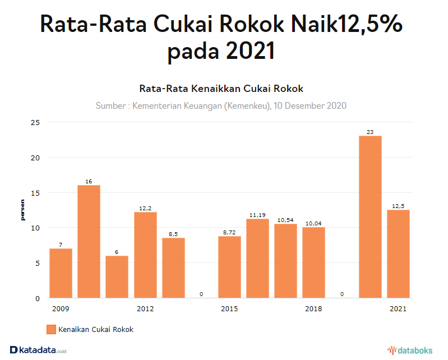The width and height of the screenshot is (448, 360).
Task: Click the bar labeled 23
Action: (370, 216)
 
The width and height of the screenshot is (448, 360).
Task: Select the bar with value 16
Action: (89, 241)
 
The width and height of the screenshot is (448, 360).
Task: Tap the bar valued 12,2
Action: (145, 255)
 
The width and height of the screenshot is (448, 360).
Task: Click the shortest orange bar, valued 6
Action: (117, 276)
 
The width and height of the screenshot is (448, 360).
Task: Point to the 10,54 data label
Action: (285, 220)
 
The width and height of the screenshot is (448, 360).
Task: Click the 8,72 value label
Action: (229, 232)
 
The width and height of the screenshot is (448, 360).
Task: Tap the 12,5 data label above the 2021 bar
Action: (398, 206)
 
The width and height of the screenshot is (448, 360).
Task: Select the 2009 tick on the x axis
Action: (60, 309)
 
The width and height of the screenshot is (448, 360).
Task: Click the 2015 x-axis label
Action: (229, 309)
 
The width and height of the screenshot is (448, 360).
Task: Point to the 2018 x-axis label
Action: (313, 309)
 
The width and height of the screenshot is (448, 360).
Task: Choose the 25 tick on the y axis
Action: (35, 122)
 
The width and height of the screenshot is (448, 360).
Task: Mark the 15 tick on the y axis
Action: (35, 193)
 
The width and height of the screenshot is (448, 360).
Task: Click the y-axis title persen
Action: (23, 210)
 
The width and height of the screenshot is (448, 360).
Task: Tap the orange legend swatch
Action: (51, 329)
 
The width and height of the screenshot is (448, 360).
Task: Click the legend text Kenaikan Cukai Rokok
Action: (96, 329)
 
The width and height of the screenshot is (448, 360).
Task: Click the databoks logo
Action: (410, 350)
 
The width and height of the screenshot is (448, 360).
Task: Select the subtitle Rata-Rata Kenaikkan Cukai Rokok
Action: (221, 89)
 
